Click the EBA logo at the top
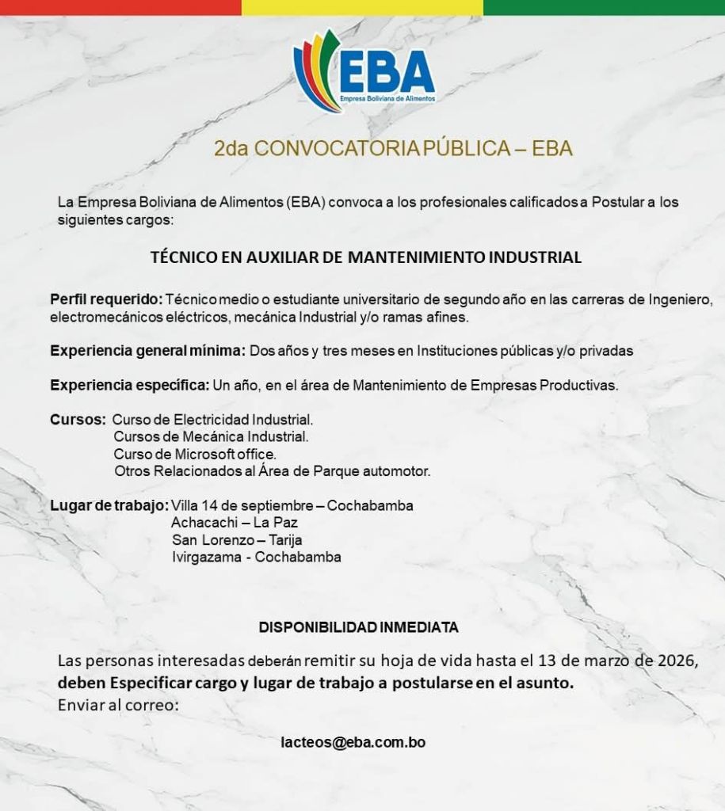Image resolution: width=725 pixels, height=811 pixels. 364,70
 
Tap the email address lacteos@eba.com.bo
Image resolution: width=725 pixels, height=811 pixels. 353,743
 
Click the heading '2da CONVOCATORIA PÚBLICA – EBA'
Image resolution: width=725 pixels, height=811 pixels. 393,149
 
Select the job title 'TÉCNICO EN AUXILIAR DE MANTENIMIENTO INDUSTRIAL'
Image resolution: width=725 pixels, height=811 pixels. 366,257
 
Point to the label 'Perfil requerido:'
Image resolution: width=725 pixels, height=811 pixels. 106,300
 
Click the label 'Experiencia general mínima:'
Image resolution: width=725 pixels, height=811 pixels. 149,351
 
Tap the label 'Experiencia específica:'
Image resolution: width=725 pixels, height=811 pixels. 130,386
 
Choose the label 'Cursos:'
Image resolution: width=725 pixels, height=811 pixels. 78,419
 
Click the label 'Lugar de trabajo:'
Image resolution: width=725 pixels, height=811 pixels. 109,505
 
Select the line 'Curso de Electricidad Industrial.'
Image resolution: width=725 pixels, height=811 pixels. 213,419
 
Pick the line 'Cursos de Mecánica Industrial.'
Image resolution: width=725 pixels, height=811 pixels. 211,436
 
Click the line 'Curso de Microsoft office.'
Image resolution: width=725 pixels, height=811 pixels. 195,454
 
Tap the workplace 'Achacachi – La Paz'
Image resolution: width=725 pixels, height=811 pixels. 235,523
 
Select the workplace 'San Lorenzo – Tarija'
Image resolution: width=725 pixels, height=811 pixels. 237,540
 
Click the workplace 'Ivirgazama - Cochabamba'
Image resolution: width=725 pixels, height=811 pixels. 256,558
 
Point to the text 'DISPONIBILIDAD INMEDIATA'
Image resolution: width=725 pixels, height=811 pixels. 359,627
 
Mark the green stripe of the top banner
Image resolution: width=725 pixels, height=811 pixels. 604,7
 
